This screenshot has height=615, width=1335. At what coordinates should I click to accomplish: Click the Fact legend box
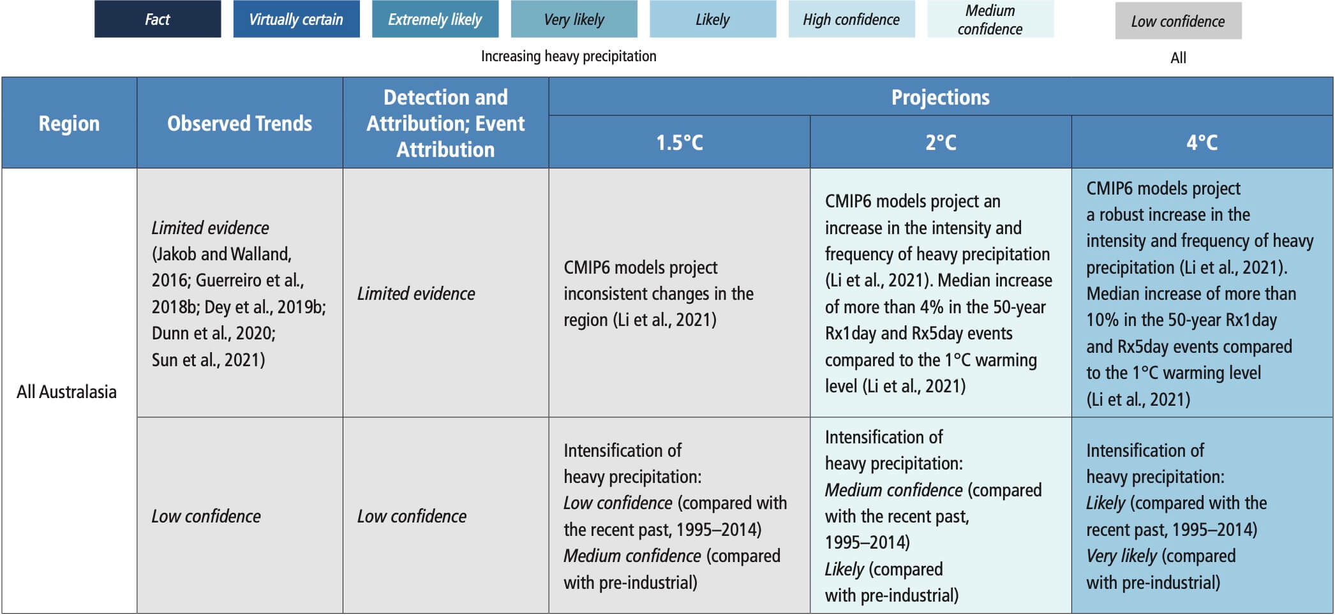[x=158, y=19]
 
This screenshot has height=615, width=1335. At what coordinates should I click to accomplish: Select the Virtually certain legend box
[x=296, y=19]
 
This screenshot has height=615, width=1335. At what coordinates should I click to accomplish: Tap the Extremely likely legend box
[x=435, y=19]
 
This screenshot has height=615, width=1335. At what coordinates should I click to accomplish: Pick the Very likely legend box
[x=574, y=19]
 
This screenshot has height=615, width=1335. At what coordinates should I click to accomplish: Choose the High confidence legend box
[x=851, y=19]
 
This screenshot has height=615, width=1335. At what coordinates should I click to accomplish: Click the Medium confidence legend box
[x=990, y=19]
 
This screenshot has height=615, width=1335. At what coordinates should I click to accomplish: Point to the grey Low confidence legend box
[x=1178, y=21]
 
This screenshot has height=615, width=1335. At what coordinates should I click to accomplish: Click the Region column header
[x=70, y=123]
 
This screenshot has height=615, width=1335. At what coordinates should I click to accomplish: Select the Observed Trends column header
[x=240, y=123]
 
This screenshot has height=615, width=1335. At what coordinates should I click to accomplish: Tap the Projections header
[x=941, y=97]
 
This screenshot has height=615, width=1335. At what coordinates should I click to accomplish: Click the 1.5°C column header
[x=680, y=142]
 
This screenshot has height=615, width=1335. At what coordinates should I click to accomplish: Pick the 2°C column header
[x=941, y=142]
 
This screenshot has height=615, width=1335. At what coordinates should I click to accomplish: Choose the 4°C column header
[x=1202, y=142]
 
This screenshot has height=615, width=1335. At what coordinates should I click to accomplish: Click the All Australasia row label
[x=66, y=392]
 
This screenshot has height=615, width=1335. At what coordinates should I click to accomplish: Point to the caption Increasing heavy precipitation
[x=569, y=56]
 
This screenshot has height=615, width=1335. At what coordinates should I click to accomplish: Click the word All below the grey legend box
[x=1178, y=58]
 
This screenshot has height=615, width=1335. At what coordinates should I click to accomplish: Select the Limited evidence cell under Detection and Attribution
[x=446, y=293]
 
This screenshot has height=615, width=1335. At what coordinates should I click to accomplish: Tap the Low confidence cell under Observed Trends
[x=240, y=515]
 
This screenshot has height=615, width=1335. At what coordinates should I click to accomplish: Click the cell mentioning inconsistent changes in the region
[x=680, y=293]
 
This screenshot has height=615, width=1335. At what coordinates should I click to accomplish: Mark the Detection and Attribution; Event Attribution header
[x=446, y=123]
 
